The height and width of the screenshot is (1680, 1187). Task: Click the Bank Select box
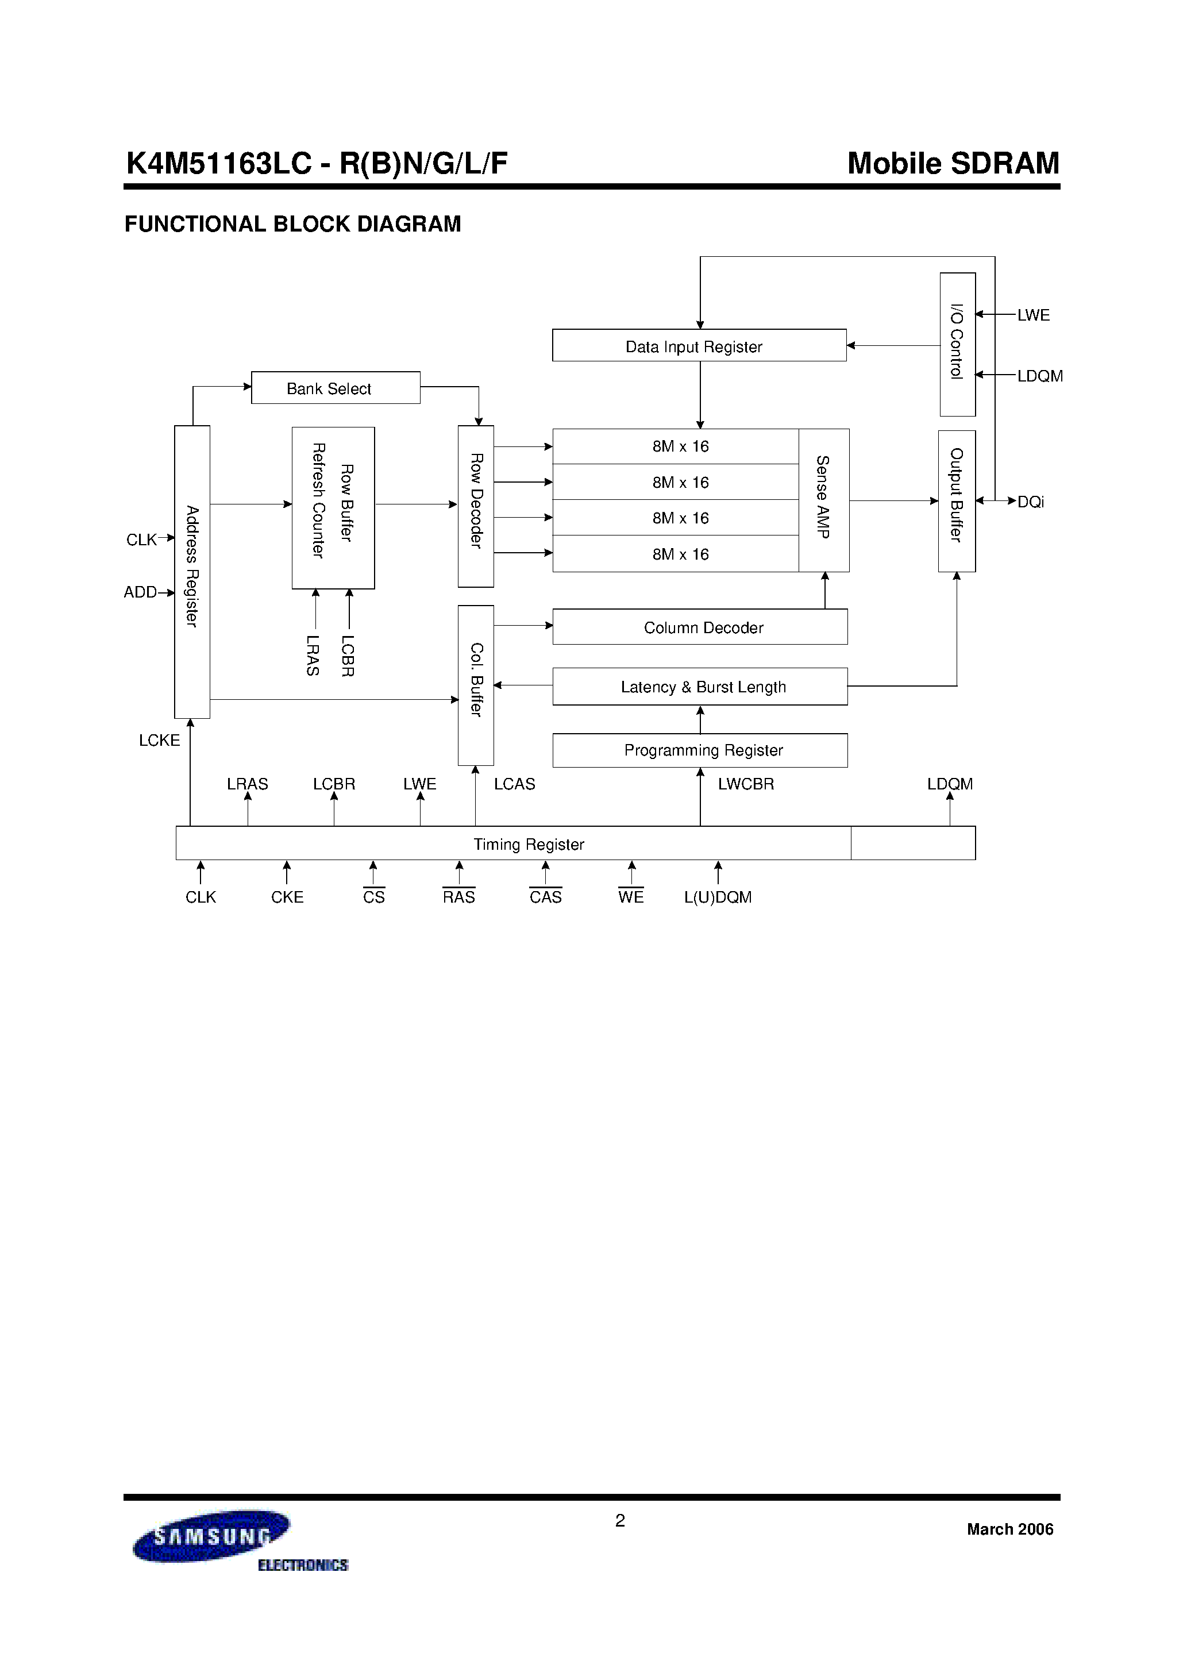point(335,388)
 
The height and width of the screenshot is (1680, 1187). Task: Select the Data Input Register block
point(699,345)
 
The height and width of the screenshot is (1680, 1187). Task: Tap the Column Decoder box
point(700,627)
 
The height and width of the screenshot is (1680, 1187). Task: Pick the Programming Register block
point(700,750)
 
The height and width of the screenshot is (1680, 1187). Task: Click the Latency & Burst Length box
point(700,687)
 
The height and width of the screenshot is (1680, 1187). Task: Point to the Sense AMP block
point(823,500)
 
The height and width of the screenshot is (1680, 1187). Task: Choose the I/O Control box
point(957,344)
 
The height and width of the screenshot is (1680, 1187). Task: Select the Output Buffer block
point(957,500)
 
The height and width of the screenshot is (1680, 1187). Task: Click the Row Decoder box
point(476,506)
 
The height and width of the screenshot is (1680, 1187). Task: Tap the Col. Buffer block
point(476,685)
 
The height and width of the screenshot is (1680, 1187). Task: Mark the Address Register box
point(192,572)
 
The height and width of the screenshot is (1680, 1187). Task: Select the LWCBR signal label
point(746,784)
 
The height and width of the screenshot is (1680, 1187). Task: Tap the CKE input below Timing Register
point(287,897)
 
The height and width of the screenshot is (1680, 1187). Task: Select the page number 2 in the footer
point(620,1520)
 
